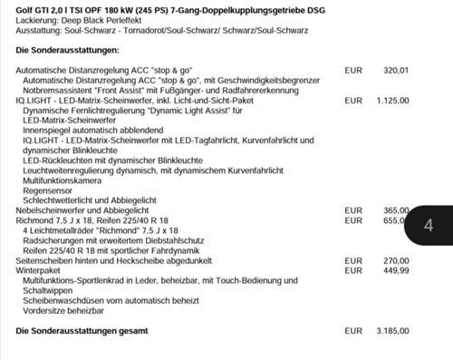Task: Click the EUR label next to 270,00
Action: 354,258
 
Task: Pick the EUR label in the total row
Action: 354,331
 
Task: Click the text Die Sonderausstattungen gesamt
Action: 80,331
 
